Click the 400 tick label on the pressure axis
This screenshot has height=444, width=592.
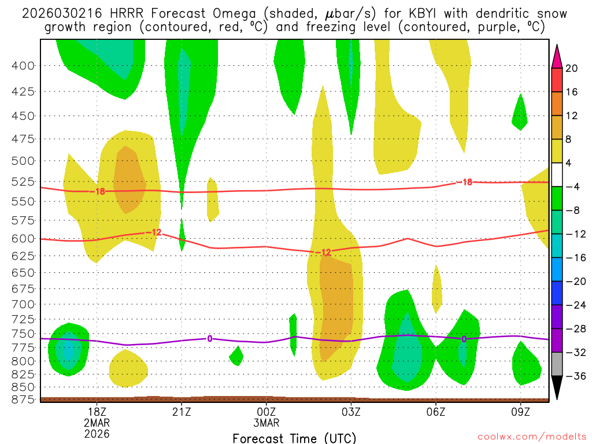click(23, 65)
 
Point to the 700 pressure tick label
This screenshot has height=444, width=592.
click(23, 304)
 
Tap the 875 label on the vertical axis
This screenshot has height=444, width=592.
click(23, 399)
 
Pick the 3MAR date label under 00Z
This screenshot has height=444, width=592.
click(266, 422)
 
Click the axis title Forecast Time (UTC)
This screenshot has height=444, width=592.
click(294, 438)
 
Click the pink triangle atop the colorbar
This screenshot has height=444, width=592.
click(557, 55)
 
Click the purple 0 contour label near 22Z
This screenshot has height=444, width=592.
click(209, 338)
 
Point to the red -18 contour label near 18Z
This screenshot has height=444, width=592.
click(99, 191)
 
